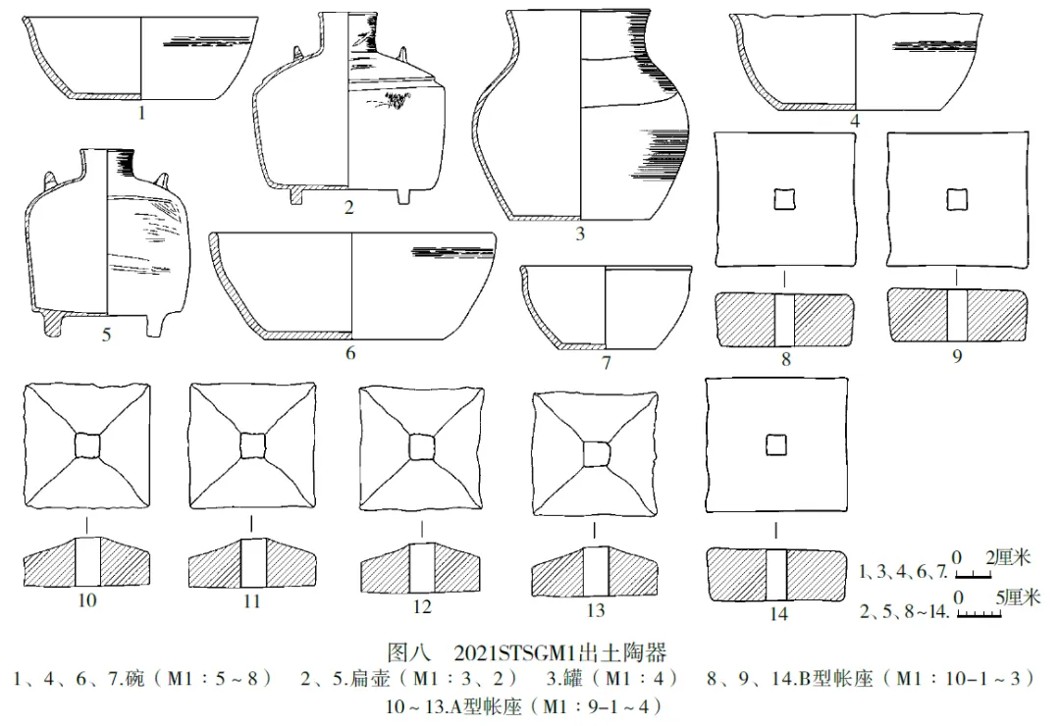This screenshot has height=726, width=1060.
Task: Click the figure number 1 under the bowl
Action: pos(141,113)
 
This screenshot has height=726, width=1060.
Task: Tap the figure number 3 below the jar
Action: pos(579,234)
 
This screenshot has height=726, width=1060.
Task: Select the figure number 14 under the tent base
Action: pos(778,614)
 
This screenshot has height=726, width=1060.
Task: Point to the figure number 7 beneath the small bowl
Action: pos(607,363)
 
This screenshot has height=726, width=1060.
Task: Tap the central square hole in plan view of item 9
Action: pos(956,199)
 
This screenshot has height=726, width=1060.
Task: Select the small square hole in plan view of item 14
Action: pos(775,444)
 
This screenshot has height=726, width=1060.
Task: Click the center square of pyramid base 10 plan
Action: pos(87,446)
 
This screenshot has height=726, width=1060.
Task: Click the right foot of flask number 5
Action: pos(158,323)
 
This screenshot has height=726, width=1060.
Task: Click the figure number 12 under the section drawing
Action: pos(422,607)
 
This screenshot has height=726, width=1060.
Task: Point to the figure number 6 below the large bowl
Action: pos(350,353)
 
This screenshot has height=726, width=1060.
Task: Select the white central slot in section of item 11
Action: pos(252,561)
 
